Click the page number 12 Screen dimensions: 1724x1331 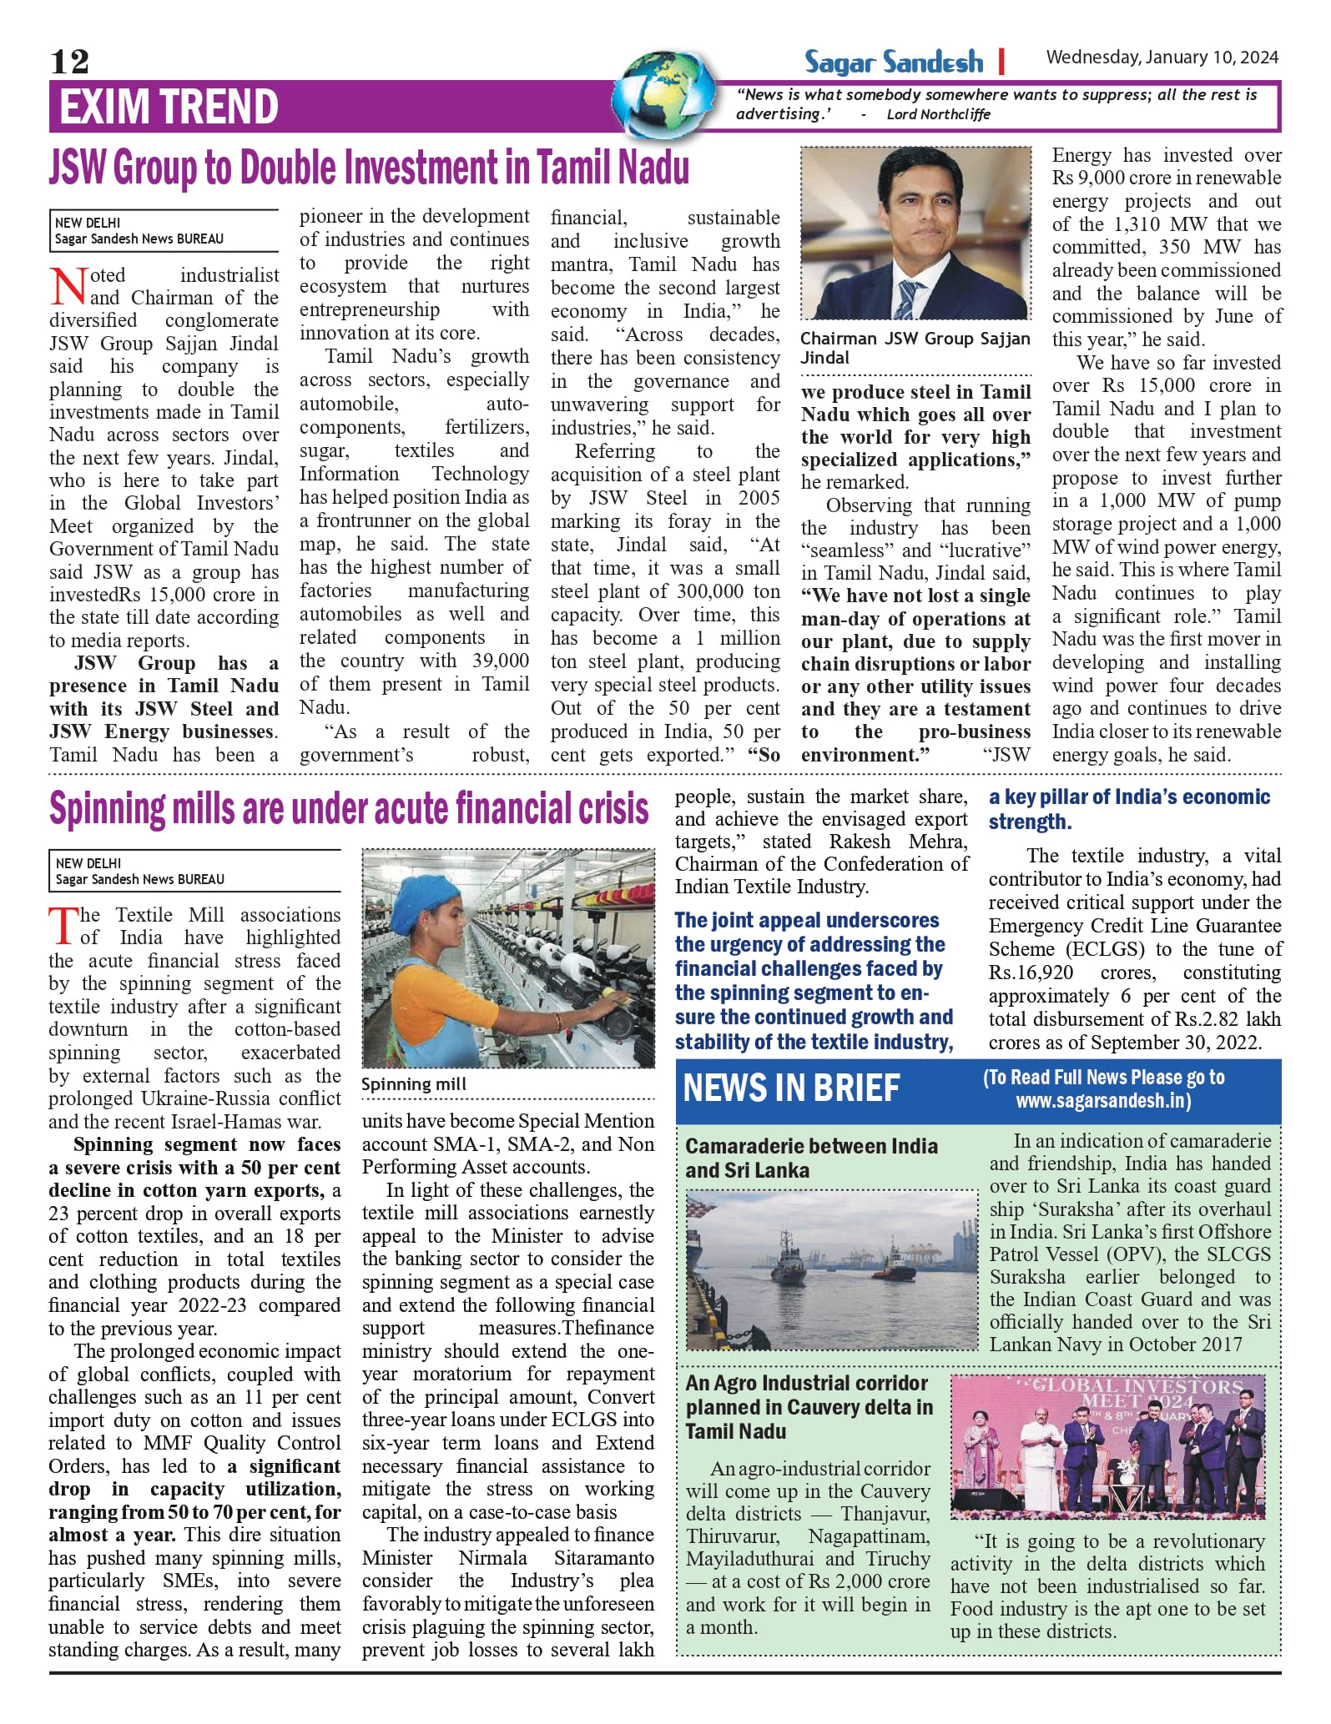point(69,61)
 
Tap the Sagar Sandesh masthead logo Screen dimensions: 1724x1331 point(893,62)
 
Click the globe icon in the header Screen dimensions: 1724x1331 point(664,93)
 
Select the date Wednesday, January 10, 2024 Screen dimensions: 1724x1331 point(1162,58)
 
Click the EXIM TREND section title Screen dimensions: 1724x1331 point(169,107)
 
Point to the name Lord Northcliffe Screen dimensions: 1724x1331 point(938,114)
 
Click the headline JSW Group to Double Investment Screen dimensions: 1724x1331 point(369,168)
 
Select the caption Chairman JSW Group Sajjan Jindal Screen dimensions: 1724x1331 point(915,348)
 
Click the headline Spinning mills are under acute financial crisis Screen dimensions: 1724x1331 point(349,808)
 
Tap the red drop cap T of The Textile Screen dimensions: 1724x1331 point(63,926)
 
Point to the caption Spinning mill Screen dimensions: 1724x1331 point(413,1084)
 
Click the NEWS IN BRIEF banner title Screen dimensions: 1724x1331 point(791,1088)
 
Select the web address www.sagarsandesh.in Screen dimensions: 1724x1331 point(1102,1101)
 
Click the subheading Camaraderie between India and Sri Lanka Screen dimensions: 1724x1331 point(811,1158)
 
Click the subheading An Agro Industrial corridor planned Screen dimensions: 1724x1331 point(809,1407)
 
